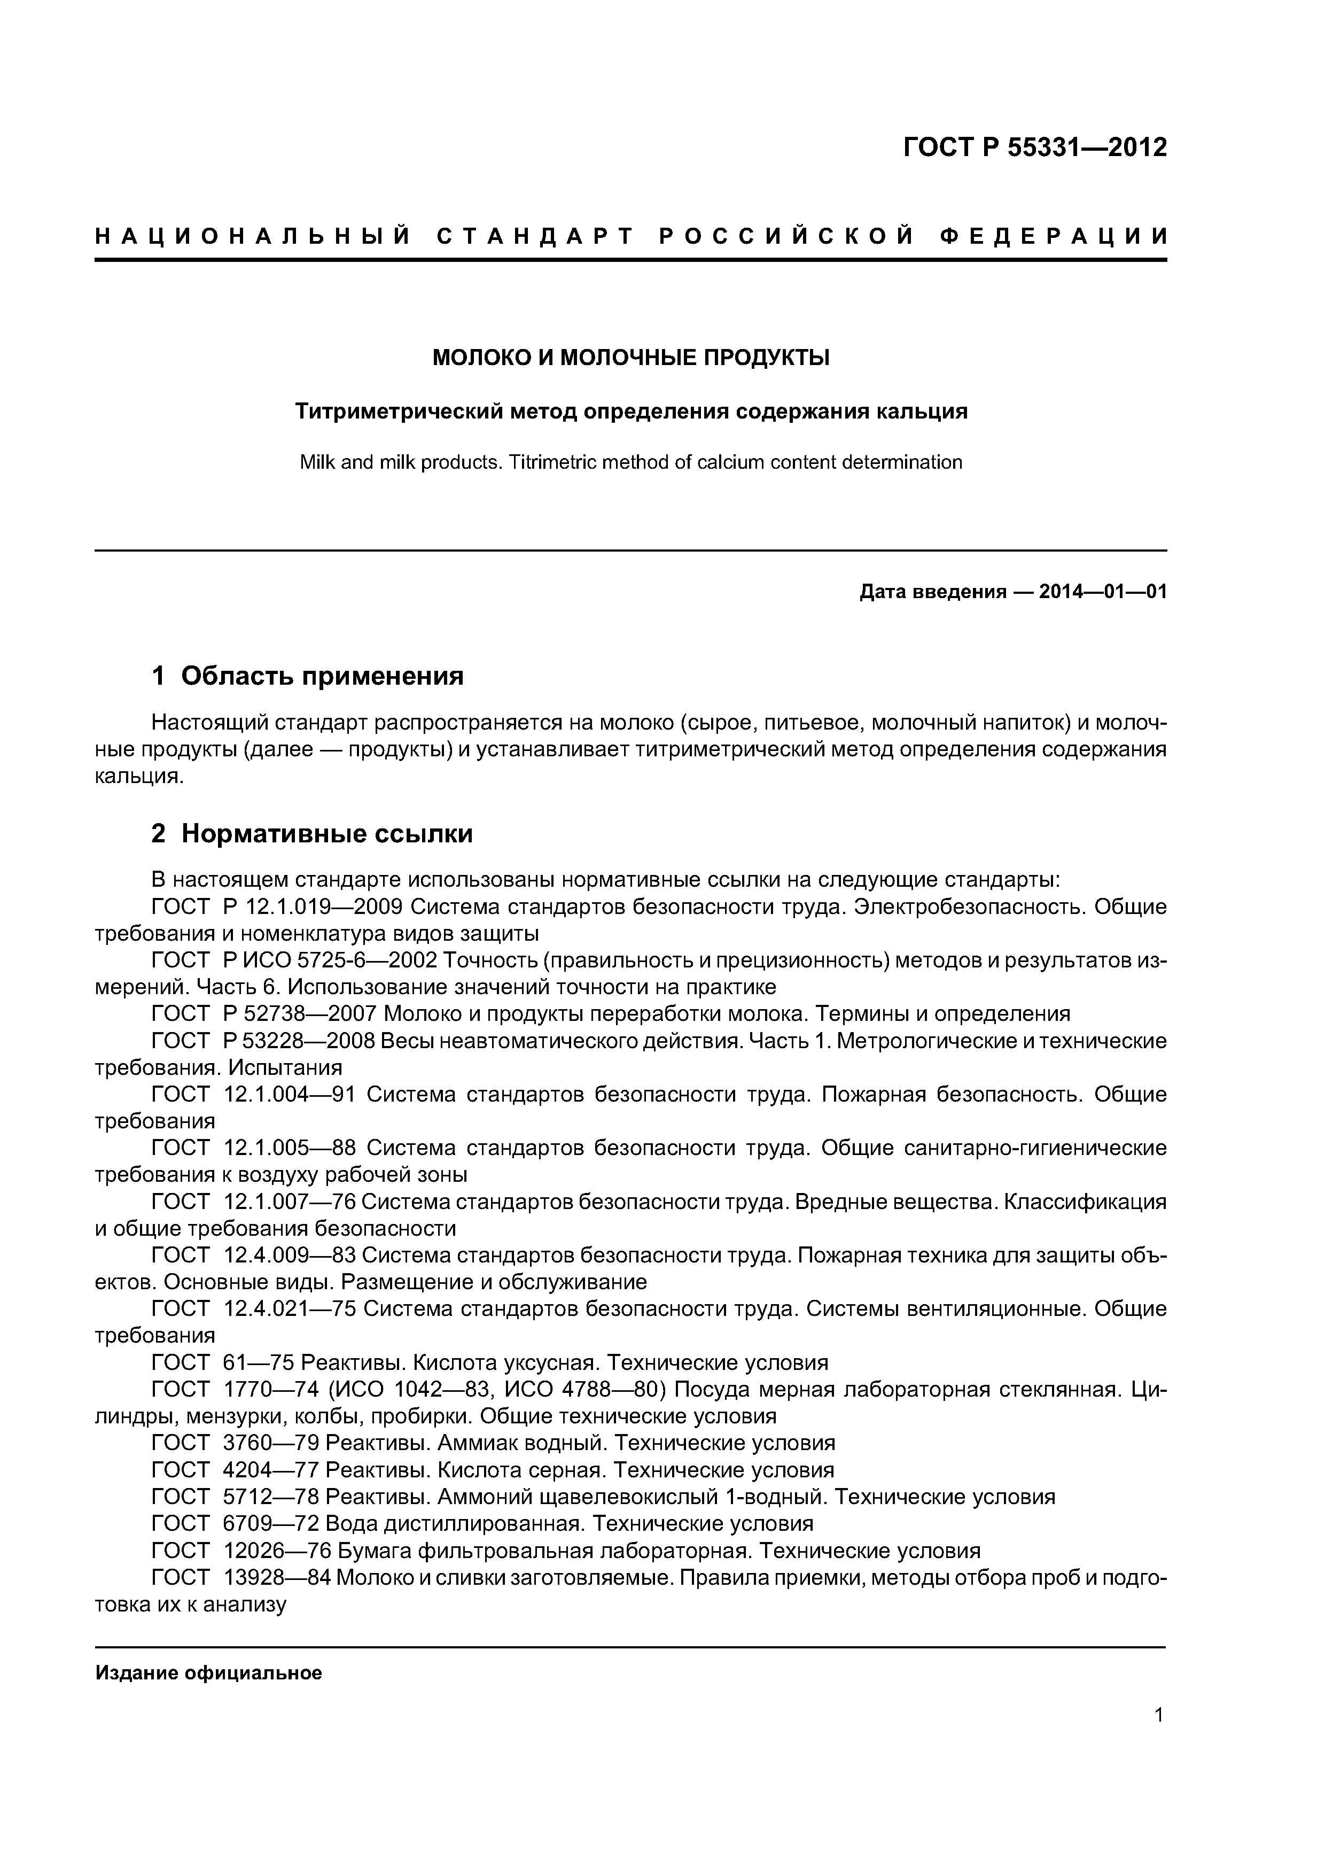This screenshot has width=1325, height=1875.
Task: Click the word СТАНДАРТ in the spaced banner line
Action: [x=535, y=237]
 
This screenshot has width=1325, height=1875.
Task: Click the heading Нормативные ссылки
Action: [x=326, y=834]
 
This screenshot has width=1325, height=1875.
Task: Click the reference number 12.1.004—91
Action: [x=289, y=1094]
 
